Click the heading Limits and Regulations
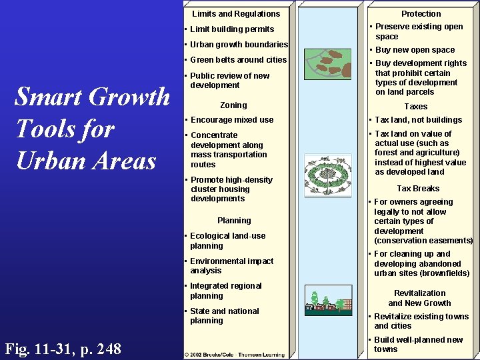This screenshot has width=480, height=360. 236,13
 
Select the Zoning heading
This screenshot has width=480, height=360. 233,105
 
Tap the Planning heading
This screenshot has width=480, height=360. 234,221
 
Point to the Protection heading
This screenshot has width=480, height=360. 421,13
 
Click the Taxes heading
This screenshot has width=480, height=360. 416,107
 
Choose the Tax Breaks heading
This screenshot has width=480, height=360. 418,189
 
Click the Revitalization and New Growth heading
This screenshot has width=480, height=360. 420,298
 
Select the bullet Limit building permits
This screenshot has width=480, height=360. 232,29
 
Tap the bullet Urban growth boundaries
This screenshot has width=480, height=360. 239,45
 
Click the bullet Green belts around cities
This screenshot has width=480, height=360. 238,60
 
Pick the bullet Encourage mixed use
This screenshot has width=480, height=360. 231,120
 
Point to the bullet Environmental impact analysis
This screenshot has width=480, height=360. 231,266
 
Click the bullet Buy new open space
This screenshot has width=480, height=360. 414,50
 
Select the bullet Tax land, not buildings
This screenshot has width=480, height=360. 417,120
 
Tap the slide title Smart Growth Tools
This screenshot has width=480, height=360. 92,129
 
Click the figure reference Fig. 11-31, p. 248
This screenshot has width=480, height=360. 63,348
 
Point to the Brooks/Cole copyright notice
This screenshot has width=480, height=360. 235,353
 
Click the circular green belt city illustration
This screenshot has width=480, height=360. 327,177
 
